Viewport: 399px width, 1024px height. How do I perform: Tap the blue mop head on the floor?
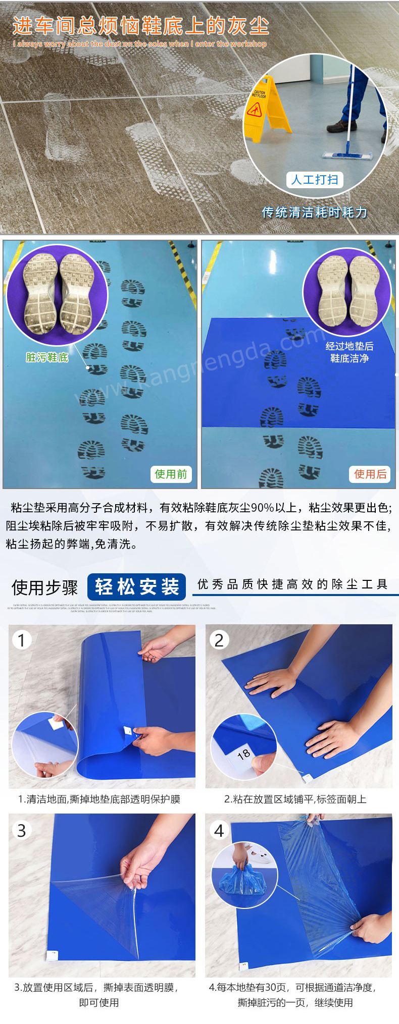pyautogui.click(x=347, y=156)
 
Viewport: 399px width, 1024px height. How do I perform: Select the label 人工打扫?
pyautogui.click(x=315, y=180)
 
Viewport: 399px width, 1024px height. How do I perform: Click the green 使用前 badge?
pyautogui.click(x=171, y=474)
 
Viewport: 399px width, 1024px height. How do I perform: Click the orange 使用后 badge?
pyautogui.click(x=370, y=474)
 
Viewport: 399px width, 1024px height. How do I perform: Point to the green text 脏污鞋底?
pyautogui.click(x=47, y=357)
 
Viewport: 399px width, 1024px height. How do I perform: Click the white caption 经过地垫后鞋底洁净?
pyautogui.click(x=350, y=352)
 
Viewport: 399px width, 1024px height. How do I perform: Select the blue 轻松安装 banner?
pyautogui.click(x=136, y=587)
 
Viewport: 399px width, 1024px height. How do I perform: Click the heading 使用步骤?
pyautogui.click(x=44, y=587)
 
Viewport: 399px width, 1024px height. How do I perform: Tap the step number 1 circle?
pyautogui.click(x=21, y=640)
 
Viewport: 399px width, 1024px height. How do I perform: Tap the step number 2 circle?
pyautogui.click(x=219, y=640)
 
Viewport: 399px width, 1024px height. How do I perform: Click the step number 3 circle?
pyautogui.click(x=21, y=830)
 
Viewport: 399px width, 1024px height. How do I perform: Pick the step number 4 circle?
pyautogui.click(x=219, y=830)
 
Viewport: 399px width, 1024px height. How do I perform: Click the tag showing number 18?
pyautogui.click(x=243, y=754)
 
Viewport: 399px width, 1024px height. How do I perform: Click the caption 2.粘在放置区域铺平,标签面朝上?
pyautogui.click(x=295, y=799)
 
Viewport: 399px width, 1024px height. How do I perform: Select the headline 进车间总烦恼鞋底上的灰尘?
pyautogui.click(x=140, y=25)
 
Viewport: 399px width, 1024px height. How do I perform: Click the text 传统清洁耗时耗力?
pyautogui.click(x=314, y=212)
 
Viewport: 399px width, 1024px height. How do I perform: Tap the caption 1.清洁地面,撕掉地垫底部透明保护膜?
pyautogui.click(x=99, y=799)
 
